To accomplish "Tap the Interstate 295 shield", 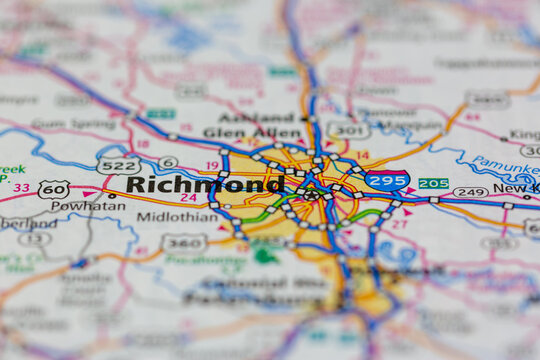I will pyautogui.click(x=386, y=181).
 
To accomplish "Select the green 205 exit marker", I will pyautogui.click(x=433, y=183).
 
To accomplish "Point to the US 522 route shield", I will pyautogui.click(x=118, y=165).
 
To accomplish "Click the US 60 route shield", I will pyautogui.click(x=54, y=188).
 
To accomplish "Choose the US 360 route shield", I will pyautogui.click(x=185, y=242).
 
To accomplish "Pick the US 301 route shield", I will pyautogui.click(x=348, y=130).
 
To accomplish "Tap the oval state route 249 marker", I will pyautogui.click(x=470, y=191).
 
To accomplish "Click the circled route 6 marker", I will pyautogui.click(x=168, y=162).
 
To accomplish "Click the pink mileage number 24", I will pyautogui.click(x=188, y=198).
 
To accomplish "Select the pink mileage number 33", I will pyautogui.click(x=21, y=187).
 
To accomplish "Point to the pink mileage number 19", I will pyautogui.click(x=211, y=166).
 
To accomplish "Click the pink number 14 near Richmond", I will pyautogui.click(x=362, y=156).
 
